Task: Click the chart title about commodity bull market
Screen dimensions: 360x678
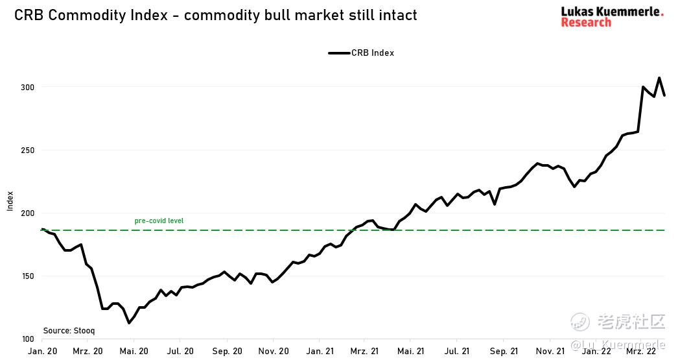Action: point(216,14)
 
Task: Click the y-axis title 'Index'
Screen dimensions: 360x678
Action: point(10,201)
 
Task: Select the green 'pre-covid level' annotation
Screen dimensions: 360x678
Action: point(159,221)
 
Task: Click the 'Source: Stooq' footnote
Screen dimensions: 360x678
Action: point(69,331)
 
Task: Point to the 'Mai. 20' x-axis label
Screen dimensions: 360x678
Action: point(134,352)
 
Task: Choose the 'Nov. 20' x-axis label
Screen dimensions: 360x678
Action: point(274,352)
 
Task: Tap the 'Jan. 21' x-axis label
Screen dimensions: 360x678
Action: point(320,352)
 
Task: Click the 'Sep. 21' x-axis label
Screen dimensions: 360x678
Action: point(504,352)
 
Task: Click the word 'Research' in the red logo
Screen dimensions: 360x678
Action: point(586,23)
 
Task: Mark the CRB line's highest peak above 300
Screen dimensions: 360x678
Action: point(659,78)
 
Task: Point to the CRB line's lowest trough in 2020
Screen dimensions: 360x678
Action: point(129,323)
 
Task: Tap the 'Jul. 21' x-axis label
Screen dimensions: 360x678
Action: point(458,352)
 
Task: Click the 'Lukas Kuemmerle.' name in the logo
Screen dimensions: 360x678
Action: point(612,11)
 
